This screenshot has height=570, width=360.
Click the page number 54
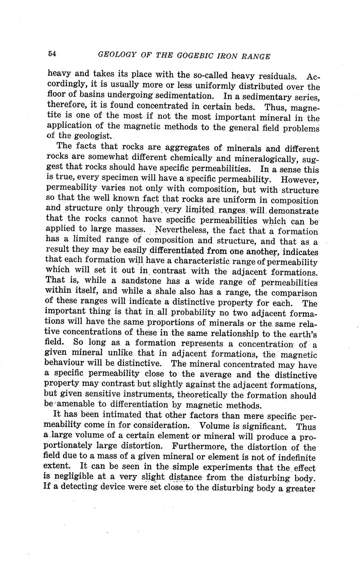pos(52,54)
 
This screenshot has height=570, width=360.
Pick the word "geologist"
pos(90,136)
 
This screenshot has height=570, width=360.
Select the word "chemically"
pos(193,158)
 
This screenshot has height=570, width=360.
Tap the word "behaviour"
pos(69,364)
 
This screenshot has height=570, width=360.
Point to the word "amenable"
pos(75,405)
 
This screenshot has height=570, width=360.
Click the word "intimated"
pos(118,416)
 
